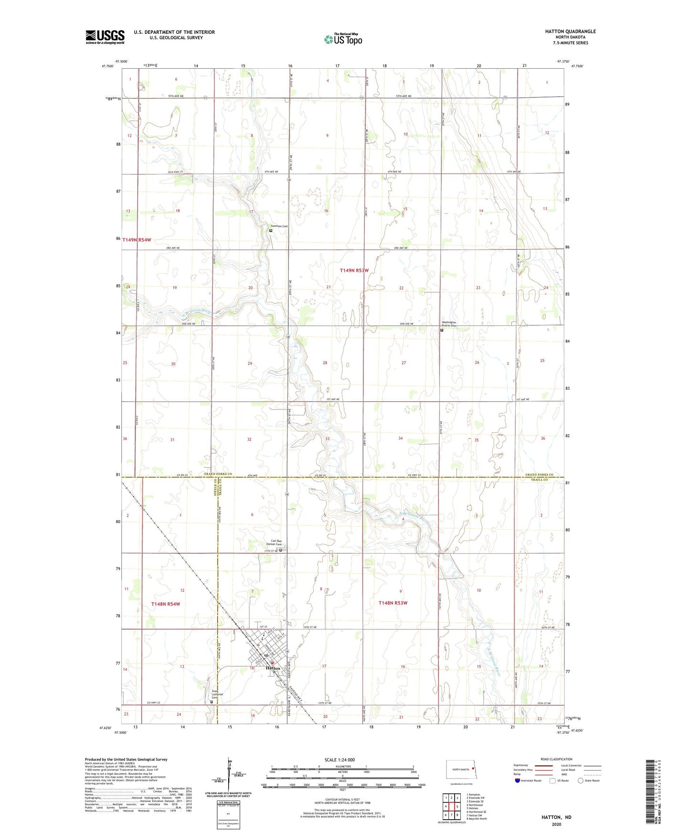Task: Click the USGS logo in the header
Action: point(105,37)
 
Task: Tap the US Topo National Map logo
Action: point(342,39)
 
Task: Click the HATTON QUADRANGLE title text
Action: point(570,32)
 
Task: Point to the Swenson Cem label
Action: point(279,226)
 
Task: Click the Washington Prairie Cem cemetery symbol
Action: point(442,330)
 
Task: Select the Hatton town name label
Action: point(273,668)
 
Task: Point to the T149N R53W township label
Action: point(354,270)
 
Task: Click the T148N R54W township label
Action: point(166,604)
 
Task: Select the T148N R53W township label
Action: point(393,603)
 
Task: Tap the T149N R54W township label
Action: point(137,240)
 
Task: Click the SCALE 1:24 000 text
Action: point(340,759)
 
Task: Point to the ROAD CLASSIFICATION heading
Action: point(556,759)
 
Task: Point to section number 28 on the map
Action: point(325,363)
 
